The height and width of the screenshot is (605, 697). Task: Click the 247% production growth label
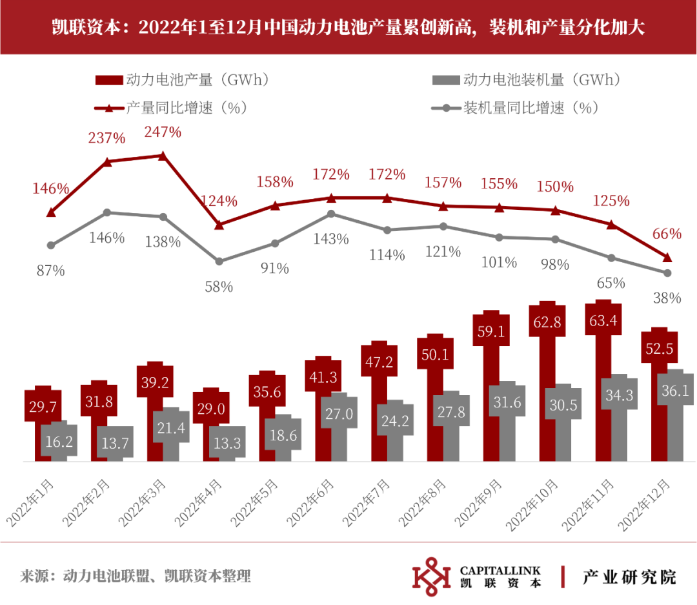163,132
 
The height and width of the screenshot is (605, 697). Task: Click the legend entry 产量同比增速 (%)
171,108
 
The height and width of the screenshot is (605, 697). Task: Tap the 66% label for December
667,233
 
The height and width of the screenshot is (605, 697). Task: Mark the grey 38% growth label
667,298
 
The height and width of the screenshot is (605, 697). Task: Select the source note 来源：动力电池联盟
136,576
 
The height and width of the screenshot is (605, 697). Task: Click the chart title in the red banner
348,28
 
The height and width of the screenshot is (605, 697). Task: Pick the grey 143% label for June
331,239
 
